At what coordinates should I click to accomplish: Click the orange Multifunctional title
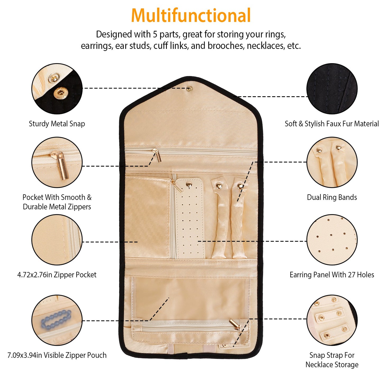pyautogui.click(x=191, y=16)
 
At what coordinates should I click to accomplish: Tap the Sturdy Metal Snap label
pyautogui.click(x=57, y=124)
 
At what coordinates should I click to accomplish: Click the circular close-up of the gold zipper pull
pyautogui.click(x=57, y=162)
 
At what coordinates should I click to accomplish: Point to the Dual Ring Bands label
pyautogui.click(x=332, y=197)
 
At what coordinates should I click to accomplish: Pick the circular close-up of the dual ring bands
pyautogui.click(x=332, y=162)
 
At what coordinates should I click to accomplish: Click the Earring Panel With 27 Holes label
pyautogui.click(x=332, y=275)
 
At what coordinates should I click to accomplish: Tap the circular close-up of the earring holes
pyautogui.click(x=332, y=240)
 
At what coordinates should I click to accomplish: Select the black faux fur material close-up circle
pyautogui.click(x=332, y=89)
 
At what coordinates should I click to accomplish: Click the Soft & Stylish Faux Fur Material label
pyautogui.click(x=332, y=124)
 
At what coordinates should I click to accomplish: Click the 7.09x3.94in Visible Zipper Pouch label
pyautogui.click(x=57, y=355)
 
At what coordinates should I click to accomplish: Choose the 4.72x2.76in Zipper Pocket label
pyautogui.click(x=57, y=275)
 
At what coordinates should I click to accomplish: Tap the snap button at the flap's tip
pyautogui.click(x=189, y=89)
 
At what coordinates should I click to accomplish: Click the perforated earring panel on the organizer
pyautogui.click(x=190, y=219)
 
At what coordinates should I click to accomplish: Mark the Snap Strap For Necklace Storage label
pyautogui.click(x=332, y=360)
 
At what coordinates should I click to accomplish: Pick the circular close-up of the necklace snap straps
pyautogui.click(x=332, y=320)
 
